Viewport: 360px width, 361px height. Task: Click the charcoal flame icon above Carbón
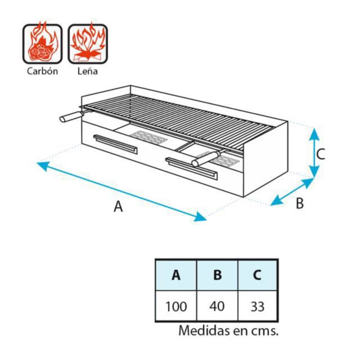tap(43, 43)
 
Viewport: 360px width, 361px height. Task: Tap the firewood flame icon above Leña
tap(88, 43)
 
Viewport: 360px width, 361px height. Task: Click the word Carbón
tap(43, 71)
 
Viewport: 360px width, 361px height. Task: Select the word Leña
tap(88, 71)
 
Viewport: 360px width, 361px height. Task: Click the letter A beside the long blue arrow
tap(118, 206)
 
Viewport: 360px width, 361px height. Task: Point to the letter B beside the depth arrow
tap(300, 203)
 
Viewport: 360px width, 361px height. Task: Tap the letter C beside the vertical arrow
tap(321, 154)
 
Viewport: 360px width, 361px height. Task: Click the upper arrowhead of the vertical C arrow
tap(314, 135)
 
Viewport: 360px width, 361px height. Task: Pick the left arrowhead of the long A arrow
tap(43, 166)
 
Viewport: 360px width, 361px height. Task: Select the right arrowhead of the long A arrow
tap(200, 217)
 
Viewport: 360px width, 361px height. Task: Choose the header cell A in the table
tap(176, 275)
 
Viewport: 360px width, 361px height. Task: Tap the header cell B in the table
tap(217, 275)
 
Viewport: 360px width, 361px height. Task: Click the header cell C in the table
tap(257, 275)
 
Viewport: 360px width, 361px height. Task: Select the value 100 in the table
tap(176, 306)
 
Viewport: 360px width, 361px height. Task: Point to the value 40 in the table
tap(217, 306)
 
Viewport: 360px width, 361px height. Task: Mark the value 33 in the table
tap(258, 306)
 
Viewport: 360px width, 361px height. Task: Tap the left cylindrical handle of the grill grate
tap(71, 117)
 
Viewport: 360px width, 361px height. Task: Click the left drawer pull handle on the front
tap(115, 144)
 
